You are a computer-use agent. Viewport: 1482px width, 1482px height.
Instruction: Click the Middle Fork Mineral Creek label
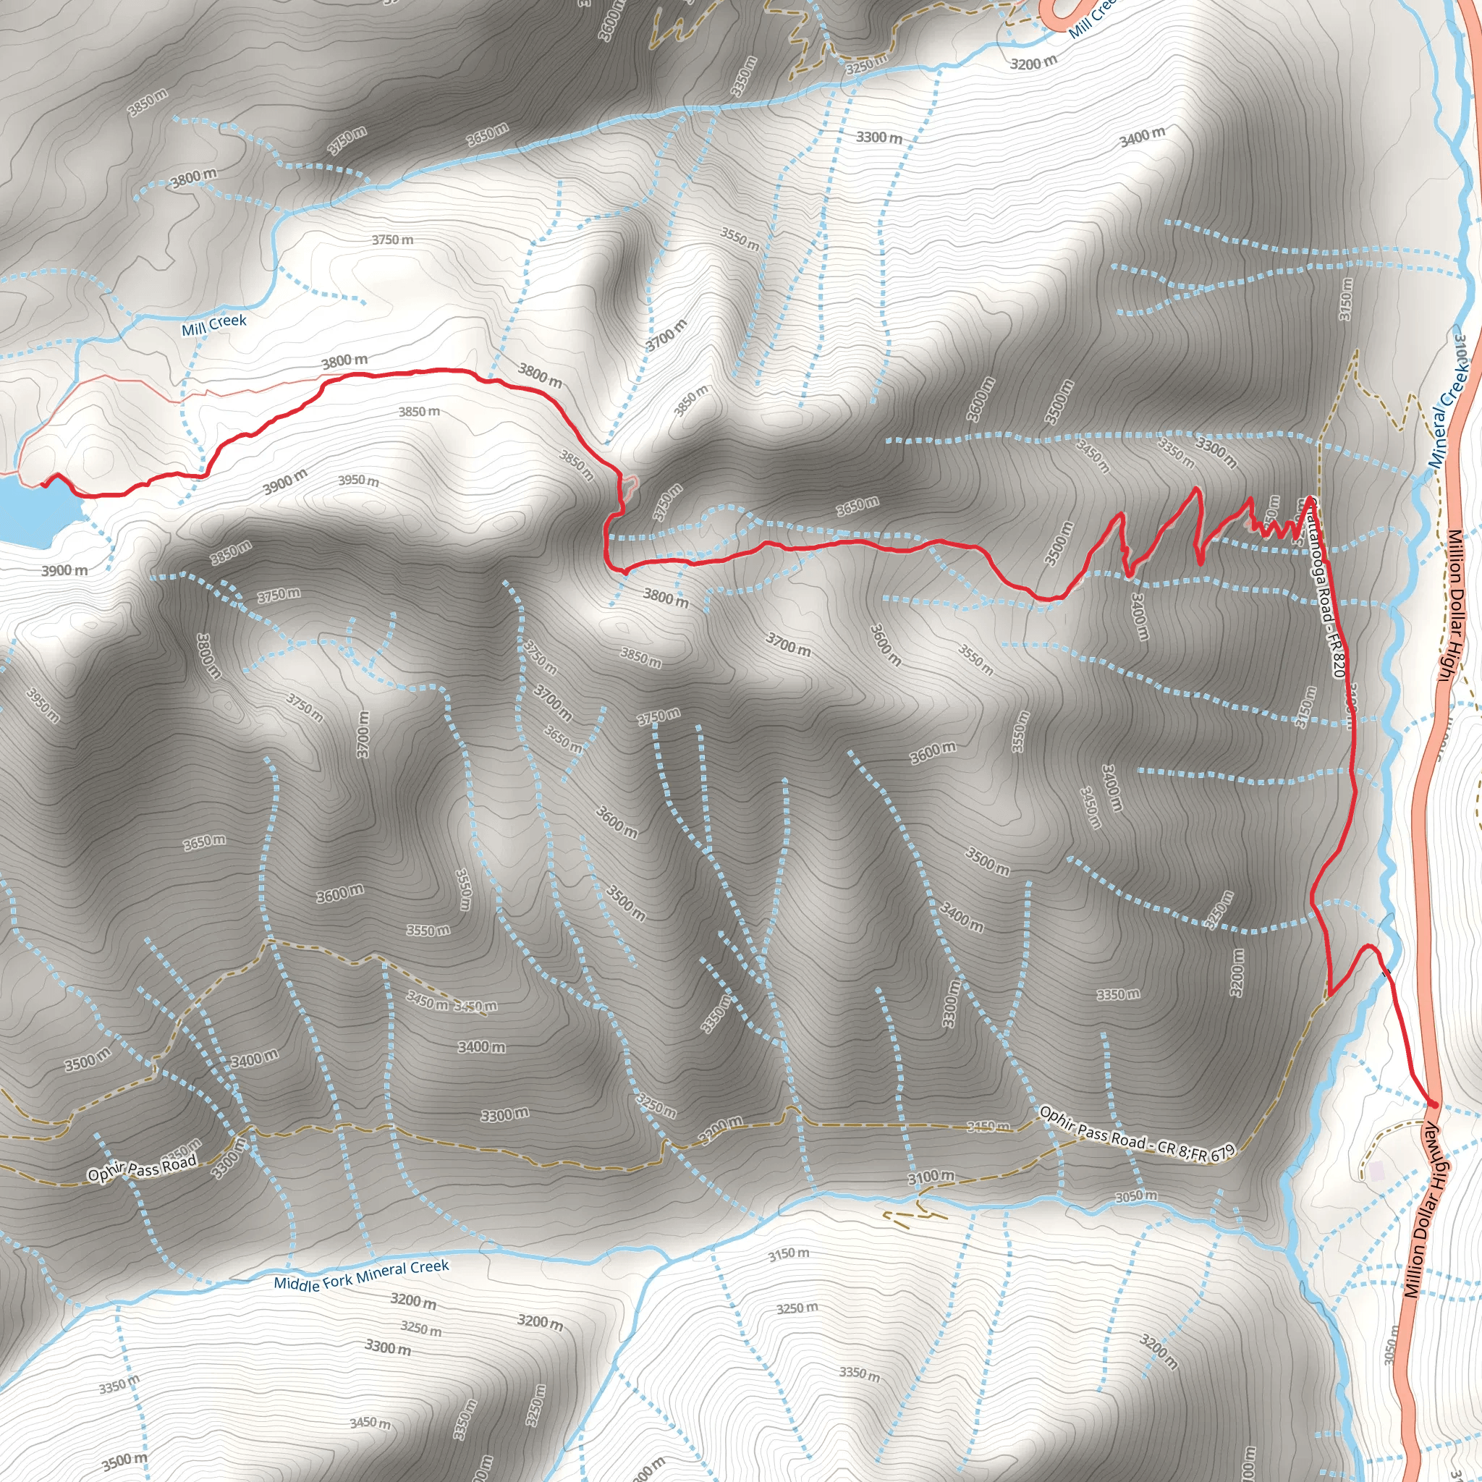click(x=361, y=1275)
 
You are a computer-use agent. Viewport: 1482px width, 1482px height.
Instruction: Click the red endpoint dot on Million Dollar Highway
click(x=1432, y=1104)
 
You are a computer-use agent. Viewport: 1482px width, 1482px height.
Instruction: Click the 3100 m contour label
click(x=931, y=1177)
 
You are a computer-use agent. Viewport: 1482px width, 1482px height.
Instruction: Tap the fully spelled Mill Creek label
click(x=214, y=325)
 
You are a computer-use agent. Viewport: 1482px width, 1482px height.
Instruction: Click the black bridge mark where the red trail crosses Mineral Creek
click(x=1385, y=974)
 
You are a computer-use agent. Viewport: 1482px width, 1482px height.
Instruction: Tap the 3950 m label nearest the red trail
click(x=358, y=481)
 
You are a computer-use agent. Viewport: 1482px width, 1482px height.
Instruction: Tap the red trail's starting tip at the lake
click(x=43, y=484)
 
